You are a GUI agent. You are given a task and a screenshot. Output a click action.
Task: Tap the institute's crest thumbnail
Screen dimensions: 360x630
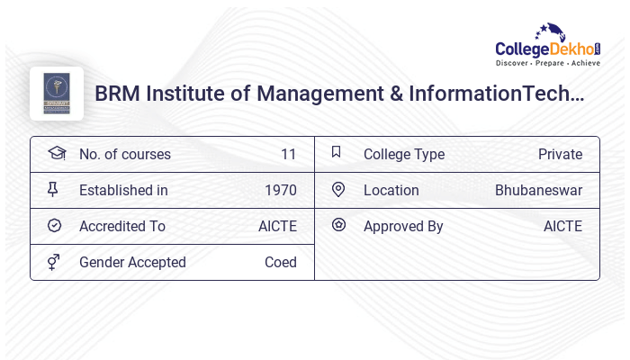click(57, 94)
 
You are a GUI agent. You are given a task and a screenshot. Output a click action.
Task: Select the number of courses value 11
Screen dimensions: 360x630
click(288, 154)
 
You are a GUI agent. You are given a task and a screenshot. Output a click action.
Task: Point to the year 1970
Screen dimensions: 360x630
click(280, 190)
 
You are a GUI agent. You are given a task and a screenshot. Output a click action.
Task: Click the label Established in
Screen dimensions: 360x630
click(123, 190)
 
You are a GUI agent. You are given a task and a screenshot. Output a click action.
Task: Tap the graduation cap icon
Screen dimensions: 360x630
click(56, 153)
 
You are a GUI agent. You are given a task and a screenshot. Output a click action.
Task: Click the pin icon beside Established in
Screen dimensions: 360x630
click(53, 189)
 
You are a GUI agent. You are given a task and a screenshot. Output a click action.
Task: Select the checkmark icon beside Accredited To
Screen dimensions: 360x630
click(54, 226)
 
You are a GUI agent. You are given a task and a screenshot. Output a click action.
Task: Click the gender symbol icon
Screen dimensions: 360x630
click(54, 262)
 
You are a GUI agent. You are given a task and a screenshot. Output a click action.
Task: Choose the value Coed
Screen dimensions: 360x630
click(280, 262)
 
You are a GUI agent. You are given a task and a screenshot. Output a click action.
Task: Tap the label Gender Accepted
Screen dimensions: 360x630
click(132, 262)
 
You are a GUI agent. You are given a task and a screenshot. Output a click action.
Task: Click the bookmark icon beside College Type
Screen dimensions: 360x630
click(337, 152)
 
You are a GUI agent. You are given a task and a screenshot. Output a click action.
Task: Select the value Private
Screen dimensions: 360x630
click(560, 154)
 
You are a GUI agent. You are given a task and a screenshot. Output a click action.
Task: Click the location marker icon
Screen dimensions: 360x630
click(338, 189)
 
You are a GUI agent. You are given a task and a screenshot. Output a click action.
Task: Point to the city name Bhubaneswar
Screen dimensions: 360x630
click(538, 190)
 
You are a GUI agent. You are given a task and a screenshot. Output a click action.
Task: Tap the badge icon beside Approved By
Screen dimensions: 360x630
click(338, 225)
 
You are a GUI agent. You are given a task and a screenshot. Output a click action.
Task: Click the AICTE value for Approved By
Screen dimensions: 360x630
click(562, 226)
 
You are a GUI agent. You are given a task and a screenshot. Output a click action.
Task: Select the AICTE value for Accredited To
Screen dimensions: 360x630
click(277, 226)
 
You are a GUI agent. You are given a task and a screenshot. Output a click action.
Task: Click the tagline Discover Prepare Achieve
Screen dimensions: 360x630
click(547, 64)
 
